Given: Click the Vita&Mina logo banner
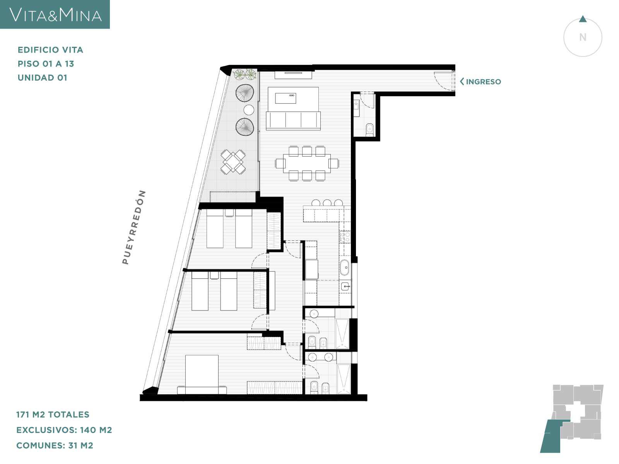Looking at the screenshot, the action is [55, 14].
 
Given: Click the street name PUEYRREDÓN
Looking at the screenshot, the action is [134, 227].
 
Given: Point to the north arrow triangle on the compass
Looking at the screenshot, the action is [583, 19].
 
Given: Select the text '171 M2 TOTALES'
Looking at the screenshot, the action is [53, 415].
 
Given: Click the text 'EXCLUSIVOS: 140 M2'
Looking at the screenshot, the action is [64, 430].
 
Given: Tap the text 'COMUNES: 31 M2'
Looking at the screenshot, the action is [55, 445].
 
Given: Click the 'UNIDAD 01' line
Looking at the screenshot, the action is [43, 78].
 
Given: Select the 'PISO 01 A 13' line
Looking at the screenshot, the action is [46, 64].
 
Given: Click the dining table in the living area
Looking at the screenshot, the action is [307, 163].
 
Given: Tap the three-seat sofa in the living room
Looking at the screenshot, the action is [293, 121].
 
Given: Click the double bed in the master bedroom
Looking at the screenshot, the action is [202, 374].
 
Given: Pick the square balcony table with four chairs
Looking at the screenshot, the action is [233, 162].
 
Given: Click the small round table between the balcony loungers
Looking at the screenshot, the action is [249, 110].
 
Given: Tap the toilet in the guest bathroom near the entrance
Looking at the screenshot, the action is [369, 130].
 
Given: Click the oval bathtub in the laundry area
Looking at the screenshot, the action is [344, 267].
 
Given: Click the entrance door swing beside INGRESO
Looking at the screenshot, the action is [443, 81].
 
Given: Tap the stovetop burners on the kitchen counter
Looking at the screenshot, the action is [345, 237].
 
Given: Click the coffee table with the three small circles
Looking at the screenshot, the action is [286, 98].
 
